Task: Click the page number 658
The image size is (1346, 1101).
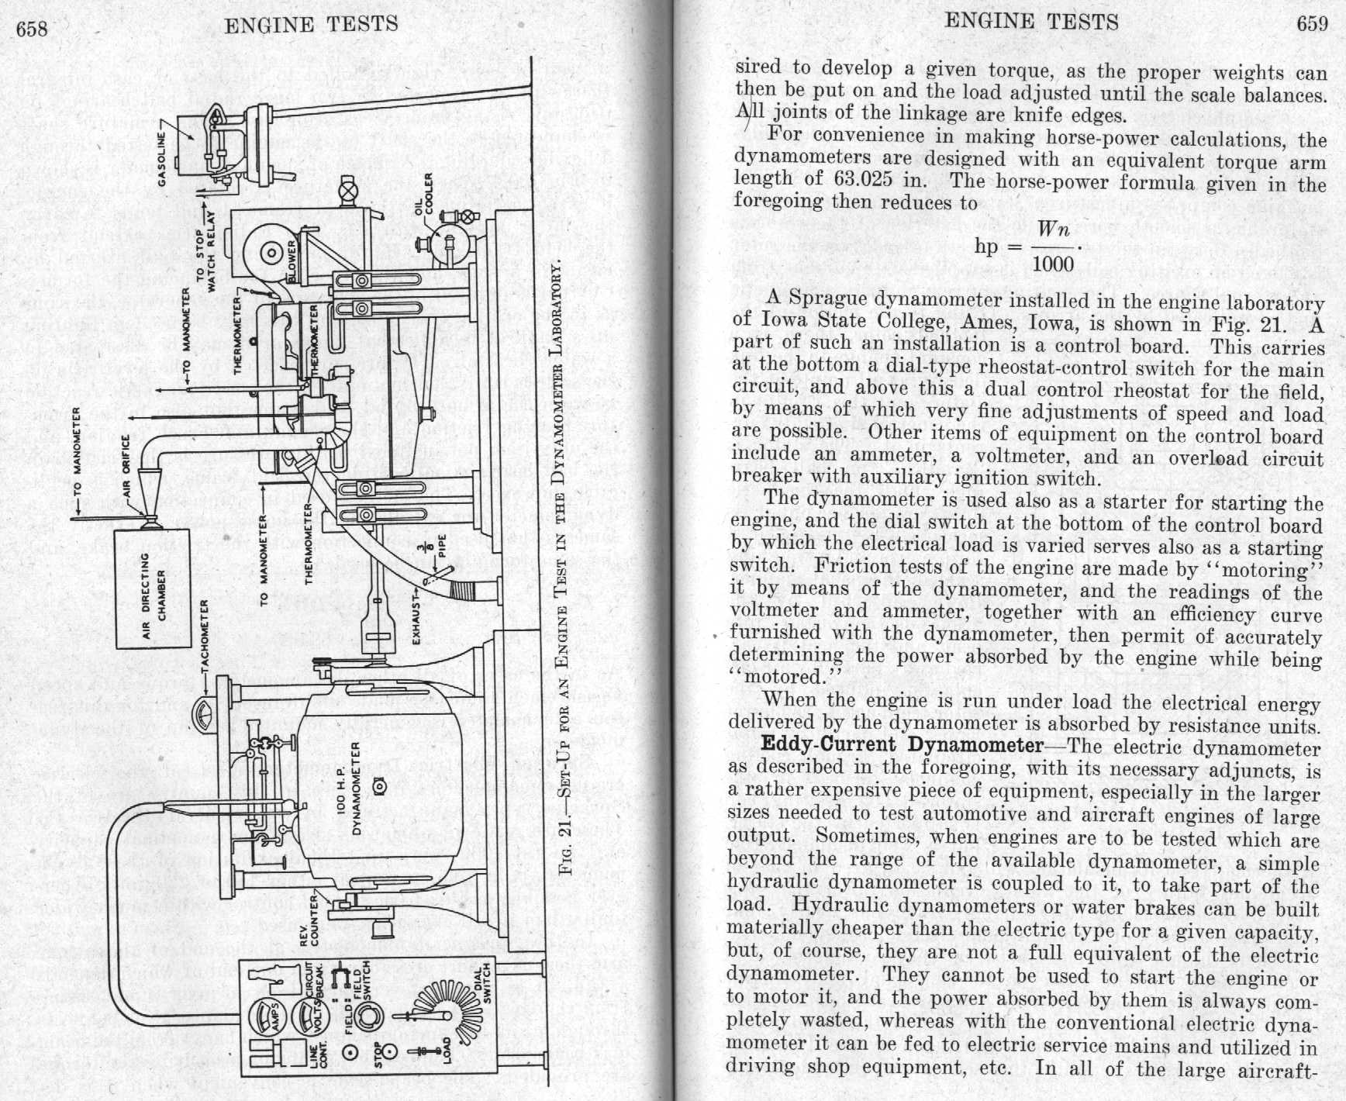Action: coord(32,29)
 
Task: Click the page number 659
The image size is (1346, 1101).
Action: coord(1312,24)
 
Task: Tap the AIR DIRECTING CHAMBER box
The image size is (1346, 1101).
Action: coord(153,589)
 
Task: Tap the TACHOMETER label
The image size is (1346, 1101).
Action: coord(205,638)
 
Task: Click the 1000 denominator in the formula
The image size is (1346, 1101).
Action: coord(1052,264)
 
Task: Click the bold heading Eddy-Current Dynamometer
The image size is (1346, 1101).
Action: coord(902,745)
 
